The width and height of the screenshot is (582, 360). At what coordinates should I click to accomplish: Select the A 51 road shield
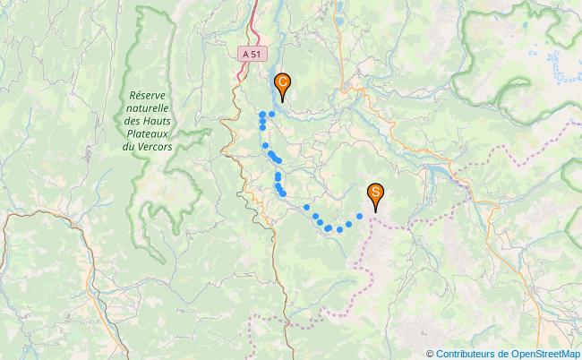pos(252,55)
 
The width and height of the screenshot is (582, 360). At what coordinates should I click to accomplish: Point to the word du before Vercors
pos(128,146)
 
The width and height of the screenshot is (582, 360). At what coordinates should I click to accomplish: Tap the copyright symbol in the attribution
pos(430,353)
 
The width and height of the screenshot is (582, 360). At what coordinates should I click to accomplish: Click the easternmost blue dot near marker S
pos(360,216)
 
